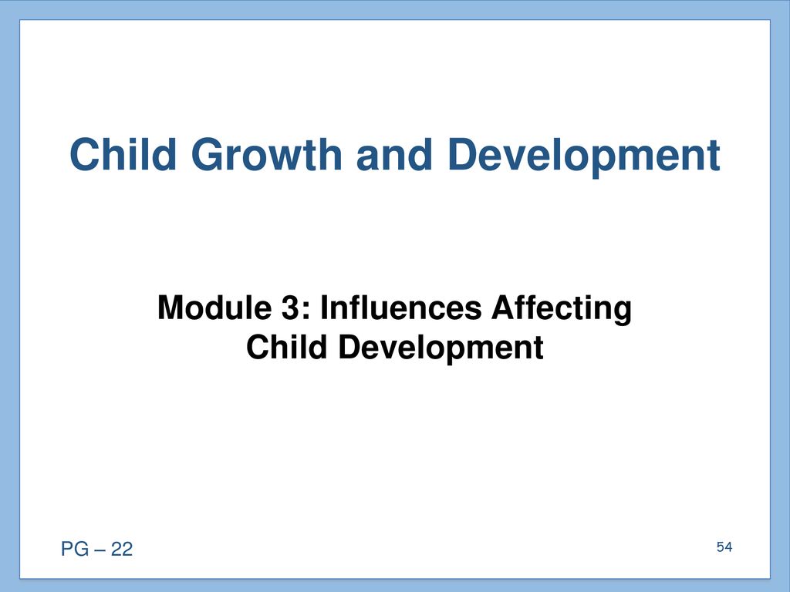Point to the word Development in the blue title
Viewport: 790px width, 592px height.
584,156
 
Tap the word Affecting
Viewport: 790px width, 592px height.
562,309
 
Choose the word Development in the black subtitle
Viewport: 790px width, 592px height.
441,349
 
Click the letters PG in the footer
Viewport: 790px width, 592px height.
75,549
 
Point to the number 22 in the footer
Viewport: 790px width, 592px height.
121,549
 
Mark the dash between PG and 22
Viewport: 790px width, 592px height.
100,550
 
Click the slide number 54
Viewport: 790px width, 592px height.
724,547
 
